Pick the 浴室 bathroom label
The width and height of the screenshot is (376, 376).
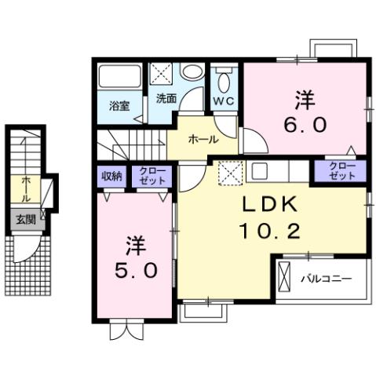[119, 106]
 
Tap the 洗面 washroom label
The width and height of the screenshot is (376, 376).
[166, 100]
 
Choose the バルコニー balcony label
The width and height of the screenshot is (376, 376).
[323, 279]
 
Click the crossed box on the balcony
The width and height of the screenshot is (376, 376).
[286, 278]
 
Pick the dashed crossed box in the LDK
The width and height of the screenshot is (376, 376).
[230, 171]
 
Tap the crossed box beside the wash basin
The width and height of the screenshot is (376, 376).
[162, 75]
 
